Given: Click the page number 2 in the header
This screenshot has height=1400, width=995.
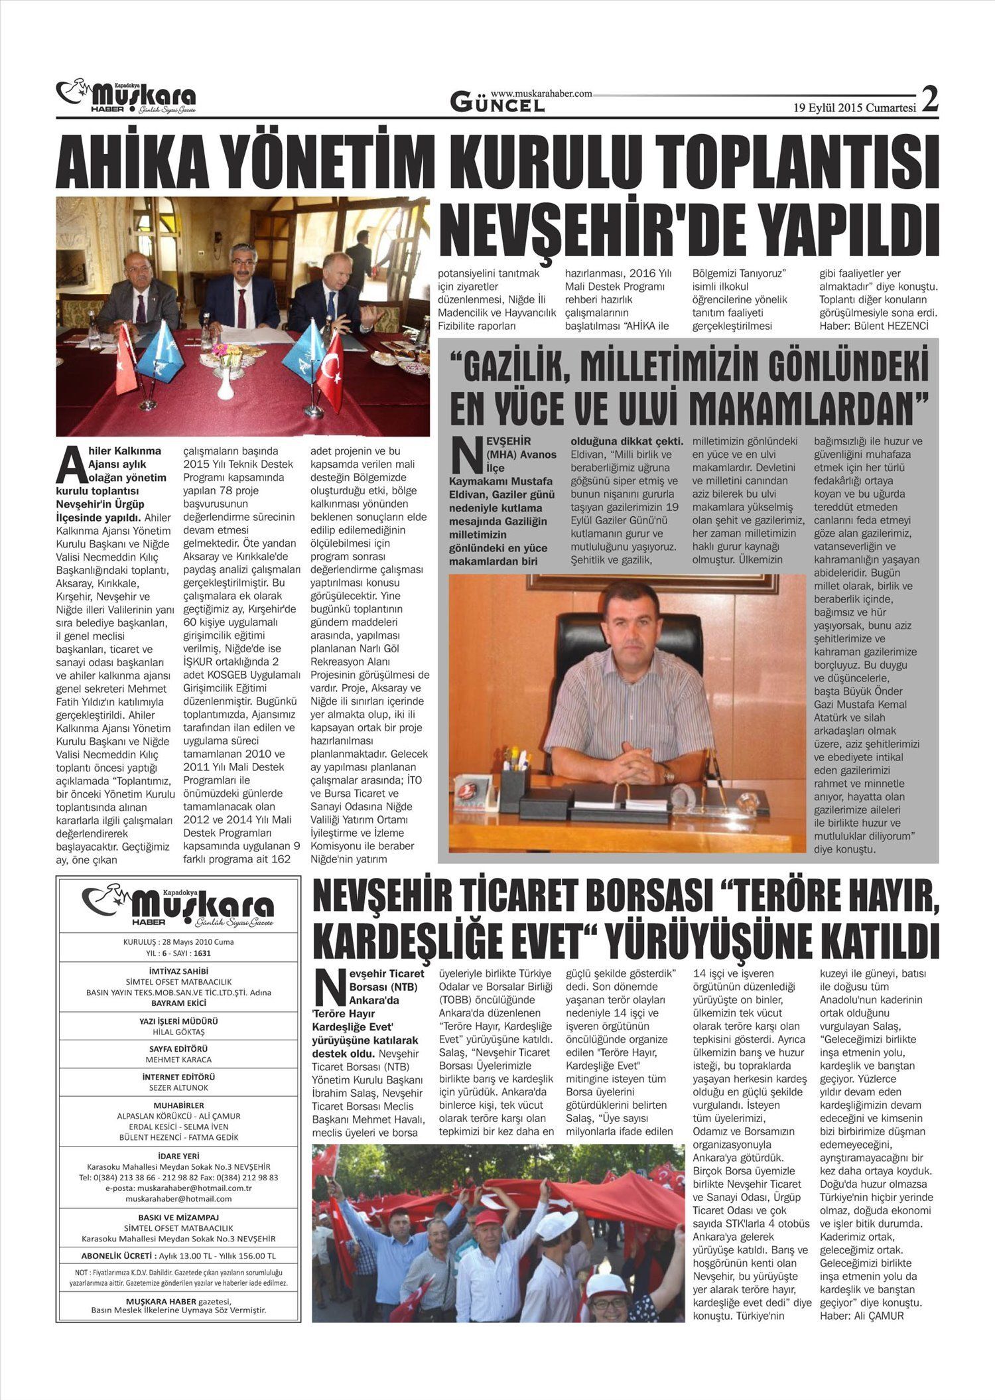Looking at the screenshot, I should coord(930,100).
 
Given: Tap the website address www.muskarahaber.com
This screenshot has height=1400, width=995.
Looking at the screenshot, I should coord(541,94).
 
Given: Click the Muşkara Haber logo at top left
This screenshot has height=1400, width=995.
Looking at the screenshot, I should coord(126,98).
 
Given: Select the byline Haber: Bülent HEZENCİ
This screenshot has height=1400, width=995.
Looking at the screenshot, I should coord(874,326).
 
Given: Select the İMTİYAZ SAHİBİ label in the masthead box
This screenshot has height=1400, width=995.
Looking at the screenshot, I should coord(178,970).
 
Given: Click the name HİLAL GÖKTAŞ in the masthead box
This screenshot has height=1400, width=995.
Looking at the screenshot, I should coord(178,1032).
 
